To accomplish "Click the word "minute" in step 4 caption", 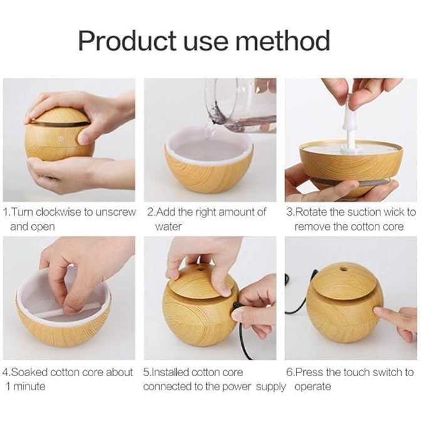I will [x=29, y=386].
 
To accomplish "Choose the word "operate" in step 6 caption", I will [x=313, y=386].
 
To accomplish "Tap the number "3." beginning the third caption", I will [x=290, y=212].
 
